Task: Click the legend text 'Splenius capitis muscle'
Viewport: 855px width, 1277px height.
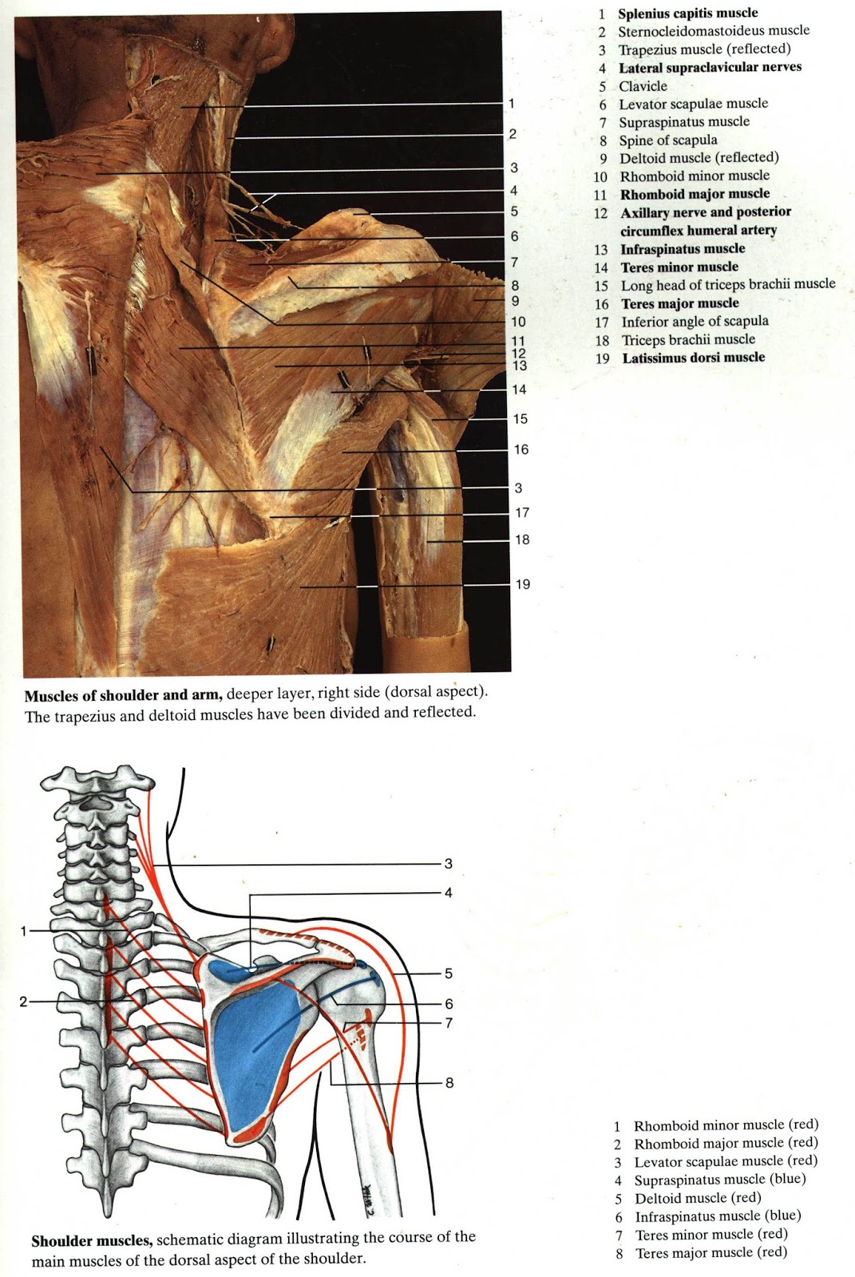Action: point(687,14)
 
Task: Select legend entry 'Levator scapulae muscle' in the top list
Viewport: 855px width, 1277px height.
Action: point(693,104)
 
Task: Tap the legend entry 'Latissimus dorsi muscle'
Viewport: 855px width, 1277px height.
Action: point(693,358)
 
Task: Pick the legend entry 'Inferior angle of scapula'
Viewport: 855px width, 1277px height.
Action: point(695,322)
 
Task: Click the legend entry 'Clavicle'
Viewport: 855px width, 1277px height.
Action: point(643,86)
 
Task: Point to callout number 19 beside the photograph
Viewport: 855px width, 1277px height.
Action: point(522,584)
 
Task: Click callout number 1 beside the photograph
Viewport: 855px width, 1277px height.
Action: point(511,103)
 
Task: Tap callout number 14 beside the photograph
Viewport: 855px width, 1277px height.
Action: point(519,389)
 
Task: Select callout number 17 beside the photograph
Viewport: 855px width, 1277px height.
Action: point(521,512)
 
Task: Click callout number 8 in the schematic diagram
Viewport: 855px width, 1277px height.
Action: point(449,1083)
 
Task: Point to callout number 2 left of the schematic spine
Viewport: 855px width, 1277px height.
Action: point(24,1001)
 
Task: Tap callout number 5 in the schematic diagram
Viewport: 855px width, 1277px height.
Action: point(449,973)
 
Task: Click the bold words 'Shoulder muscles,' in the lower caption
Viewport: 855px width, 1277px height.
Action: point(92,1241)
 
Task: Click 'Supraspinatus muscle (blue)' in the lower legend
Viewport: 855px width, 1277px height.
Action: point(719,1180)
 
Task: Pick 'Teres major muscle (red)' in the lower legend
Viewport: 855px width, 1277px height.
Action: point(711,1253)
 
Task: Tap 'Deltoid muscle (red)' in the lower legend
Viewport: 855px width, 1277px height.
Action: point(698,1198)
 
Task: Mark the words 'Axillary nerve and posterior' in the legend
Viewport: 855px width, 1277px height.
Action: point(706,212)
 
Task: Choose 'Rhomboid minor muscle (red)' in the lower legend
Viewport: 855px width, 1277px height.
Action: point(726,1125)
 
